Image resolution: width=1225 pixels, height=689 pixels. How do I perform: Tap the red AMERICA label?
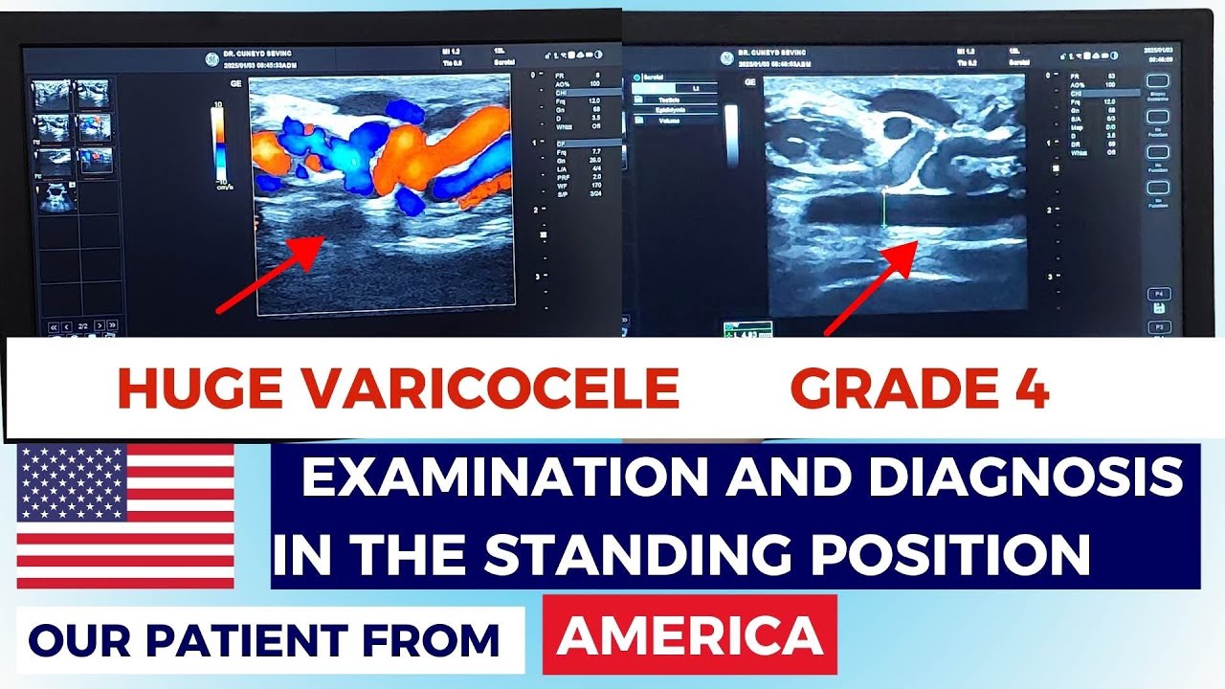pyautogui.click(x=689, y=634)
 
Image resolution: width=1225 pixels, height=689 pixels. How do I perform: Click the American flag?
pyautogui.click(x=125, y=516)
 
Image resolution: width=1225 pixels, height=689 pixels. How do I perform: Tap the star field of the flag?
pyautogui.click(x=72, y=481)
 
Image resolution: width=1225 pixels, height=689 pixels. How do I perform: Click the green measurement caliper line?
pyautogui.click(x=883, y=210)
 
